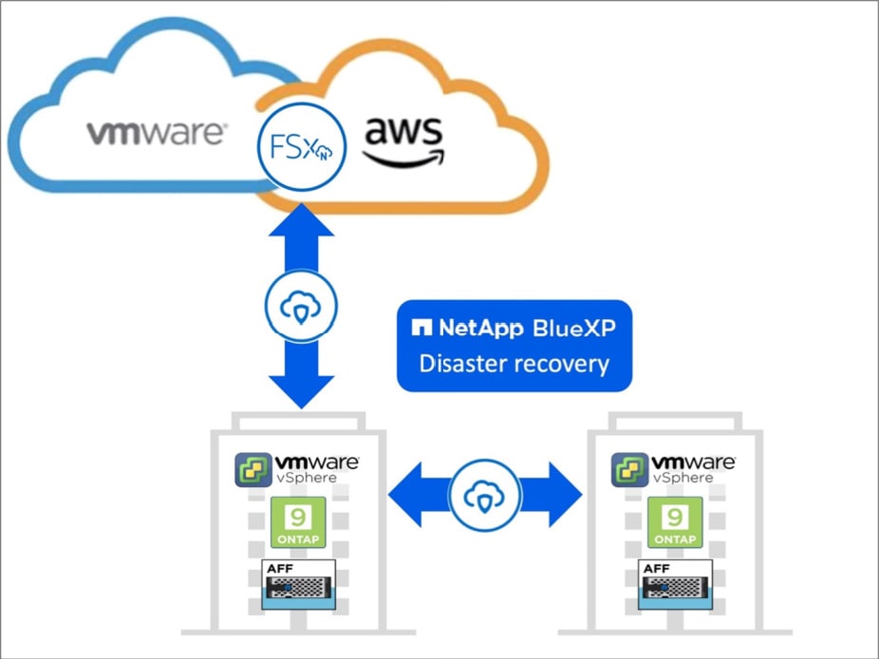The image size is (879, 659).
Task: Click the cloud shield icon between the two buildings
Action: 485,494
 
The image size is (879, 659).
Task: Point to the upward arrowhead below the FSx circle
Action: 302,224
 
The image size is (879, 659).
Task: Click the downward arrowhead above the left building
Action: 302,389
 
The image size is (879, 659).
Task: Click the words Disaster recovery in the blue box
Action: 514,364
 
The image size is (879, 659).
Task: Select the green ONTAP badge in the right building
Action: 675,522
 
